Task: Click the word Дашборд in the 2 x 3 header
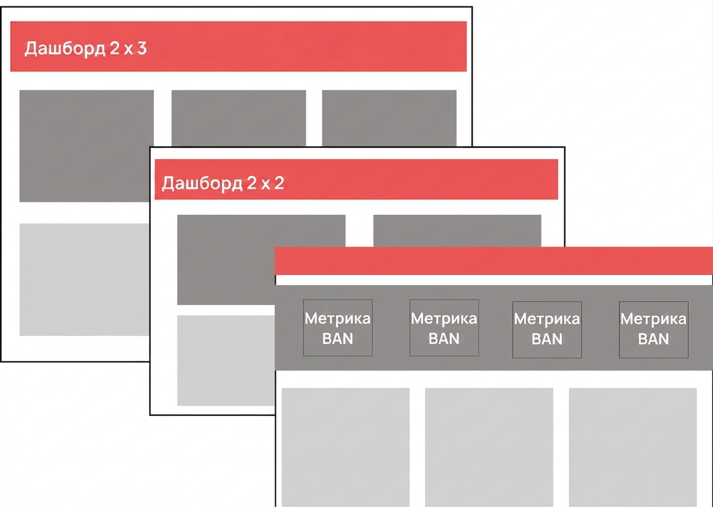tap(65, 49)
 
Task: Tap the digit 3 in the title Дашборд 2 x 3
tap(142, 48)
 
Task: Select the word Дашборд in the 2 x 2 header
tap(202, 184)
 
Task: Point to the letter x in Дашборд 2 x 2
tap(265, 185)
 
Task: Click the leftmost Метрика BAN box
tap(337, 327)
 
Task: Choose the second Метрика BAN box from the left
tap(444, 327)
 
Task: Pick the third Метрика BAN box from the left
tap(547, 330)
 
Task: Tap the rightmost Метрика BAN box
tap(654, 330)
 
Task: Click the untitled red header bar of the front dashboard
tap(494, 261)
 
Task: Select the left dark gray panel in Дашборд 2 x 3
tap(86, 146)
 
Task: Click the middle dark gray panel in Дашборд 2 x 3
tap(239, 118)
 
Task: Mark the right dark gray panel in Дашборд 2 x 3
tap(389, 118)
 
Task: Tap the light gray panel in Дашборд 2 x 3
tap(85, 279)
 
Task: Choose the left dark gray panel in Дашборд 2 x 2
tap(226, 260)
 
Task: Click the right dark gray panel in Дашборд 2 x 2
tap(457, 231)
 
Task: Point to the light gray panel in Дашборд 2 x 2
tap(226, 361)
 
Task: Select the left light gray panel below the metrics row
tap(346, 447)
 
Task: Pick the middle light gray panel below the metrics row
tap(489, 447)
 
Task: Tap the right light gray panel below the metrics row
tap(633, 447)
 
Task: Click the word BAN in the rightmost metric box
tap(654, 339)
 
